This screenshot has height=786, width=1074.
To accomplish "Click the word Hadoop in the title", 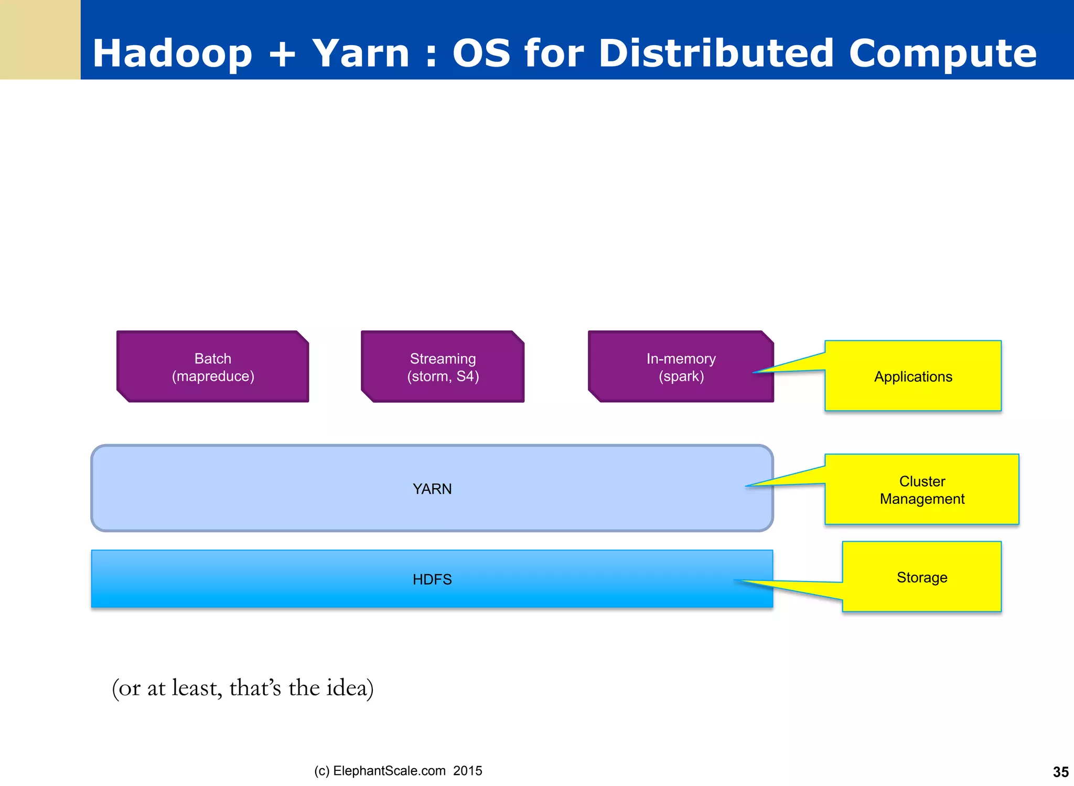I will click(x=172, y=53).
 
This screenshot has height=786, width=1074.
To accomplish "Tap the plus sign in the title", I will click(x=282, y=55).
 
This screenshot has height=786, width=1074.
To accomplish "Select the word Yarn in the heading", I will click(x=360, y=53).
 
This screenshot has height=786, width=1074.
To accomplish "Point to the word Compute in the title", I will click(x=942, y=53).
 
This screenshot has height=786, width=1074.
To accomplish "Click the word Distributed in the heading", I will click(x=715, y=53).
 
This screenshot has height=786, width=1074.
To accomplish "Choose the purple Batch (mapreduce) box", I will click(x=213, y=367).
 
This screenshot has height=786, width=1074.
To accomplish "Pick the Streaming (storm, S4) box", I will click(x=443, y=367).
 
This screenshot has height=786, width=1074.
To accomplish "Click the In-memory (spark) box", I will click(x=680, y=367).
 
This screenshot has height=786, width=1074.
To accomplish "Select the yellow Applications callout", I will click(x=912, y=376).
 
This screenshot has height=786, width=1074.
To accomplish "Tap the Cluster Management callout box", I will click(x=921, y=490).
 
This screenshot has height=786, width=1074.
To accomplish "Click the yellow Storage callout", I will click(x=921, y=577).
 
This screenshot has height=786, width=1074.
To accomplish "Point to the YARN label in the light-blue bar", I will click(x=432, y=489).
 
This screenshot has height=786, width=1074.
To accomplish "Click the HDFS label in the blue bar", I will click(x=432, y=579).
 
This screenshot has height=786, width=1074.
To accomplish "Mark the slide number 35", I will click(x=1060, y=772).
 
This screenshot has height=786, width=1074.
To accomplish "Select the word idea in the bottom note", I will click(x=349, y=688).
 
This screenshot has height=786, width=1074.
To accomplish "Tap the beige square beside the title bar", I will click(x=40, y=39).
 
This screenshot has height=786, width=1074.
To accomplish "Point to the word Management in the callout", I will click(x=921, y=499).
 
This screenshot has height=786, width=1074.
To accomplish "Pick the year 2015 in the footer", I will click(x=467, y=771).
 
